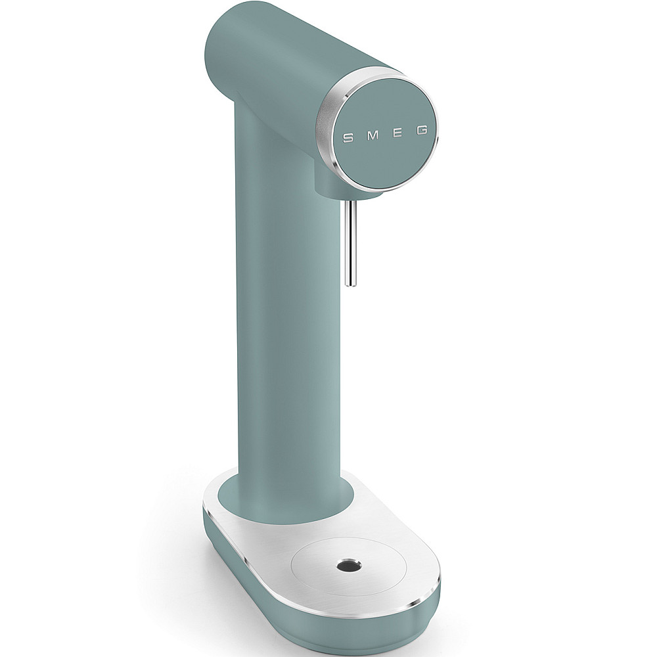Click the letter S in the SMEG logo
tap(348, 137)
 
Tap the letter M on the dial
tap(373, 135)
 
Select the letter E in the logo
tap(398, 133)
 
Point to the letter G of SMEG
tap(422, 130)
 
